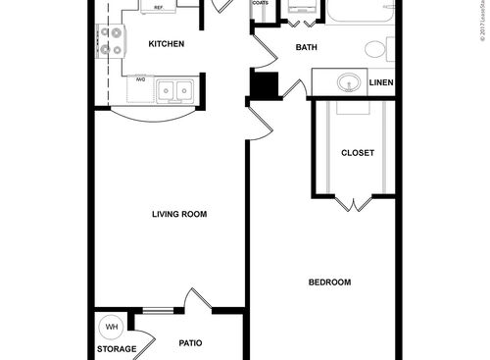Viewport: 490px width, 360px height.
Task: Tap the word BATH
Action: click(x=305, y=47)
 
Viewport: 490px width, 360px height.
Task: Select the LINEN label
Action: click(x=381, y=83)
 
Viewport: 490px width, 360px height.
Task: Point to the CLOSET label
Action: click(x=357, y=152)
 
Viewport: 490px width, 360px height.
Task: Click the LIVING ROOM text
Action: click(x=179, y=214)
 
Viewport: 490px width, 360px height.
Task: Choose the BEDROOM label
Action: click(x=329, y=283)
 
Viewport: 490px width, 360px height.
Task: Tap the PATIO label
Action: click(x=190, y=343)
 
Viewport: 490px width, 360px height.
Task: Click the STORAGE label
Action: click(x=116, y=349)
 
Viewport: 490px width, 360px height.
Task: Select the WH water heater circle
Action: click(x=111, y=327)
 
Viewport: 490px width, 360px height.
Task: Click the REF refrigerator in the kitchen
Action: click(x=157, y=8)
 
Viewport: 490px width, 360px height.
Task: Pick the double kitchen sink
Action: click(x=176, y=90)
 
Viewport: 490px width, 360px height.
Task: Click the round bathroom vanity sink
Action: click(x=348, y=82)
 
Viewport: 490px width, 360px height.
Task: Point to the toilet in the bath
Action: click(x=377, y=49)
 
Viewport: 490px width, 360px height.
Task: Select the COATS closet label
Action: click(x=260, y=4)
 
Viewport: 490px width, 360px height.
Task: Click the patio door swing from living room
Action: click(x=199, y=299)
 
